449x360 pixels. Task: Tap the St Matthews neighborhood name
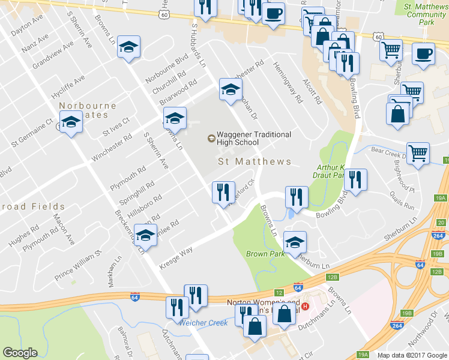pyautogui.click(x=254, y=161)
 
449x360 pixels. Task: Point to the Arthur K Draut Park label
pyautogui.click(x=330, y=172)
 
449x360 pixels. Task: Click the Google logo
pyautogui.click(x=20, y=353)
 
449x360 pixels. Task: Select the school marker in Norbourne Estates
pyautogui.click(x=71, y=124)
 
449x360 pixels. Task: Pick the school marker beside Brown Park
pyautogui.click(x=295, y=243)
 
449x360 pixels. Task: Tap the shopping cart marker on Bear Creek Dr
pyautogui.click(x=418, y=153)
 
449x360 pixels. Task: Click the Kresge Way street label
pyautogui.click(x=175, y=256)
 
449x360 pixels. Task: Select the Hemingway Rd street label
pyautogui.click(x=288, y=83)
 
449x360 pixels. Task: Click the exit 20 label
pyautogui.click(x=441, y=223)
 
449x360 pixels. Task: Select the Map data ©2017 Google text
pyautogui.click(x=412, y=355)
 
